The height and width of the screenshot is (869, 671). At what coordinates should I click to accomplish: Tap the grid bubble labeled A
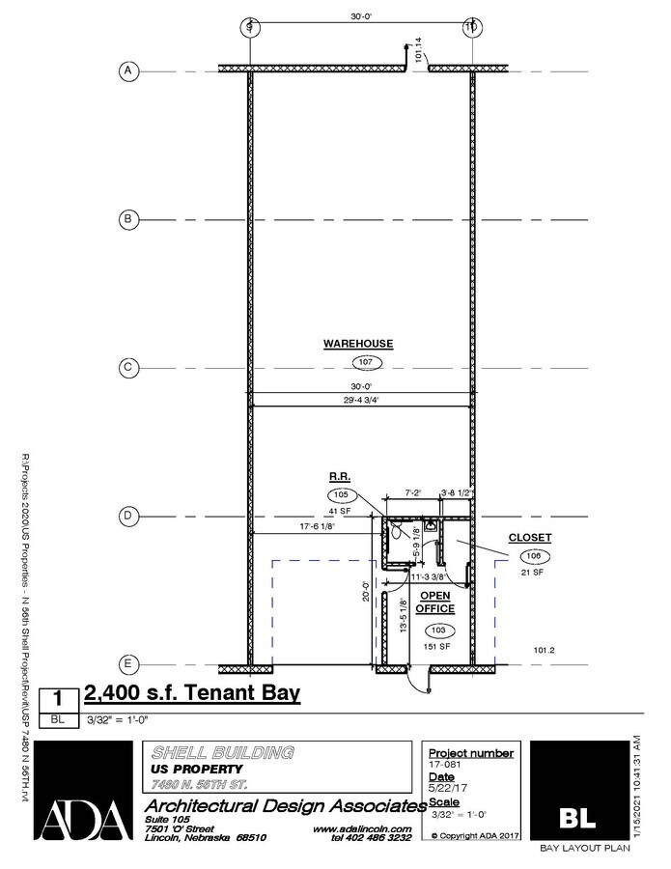point(126,70)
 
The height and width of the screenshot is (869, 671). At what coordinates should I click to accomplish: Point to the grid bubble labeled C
point(126,368)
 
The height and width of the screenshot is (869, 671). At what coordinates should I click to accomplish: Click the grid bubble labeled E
point(126,664)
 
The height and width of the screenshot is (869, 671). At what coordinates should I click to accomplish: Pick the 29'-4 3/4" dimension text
point(363,398)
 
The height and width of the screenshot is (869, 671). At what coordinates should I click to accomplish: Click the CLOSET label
point(530,537)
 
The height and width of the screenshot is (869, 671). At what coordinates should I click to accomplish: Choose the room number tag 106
point(535,556)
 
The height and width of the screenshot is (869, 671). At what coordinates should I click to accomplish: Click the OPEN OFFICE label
point(435,602)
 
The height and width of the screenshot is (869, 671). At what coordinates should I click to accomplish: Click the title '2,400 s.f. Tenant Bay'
point(193,693)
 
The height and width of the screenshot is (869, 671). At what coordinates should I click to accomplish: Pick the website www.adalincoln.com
point(362,828)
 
